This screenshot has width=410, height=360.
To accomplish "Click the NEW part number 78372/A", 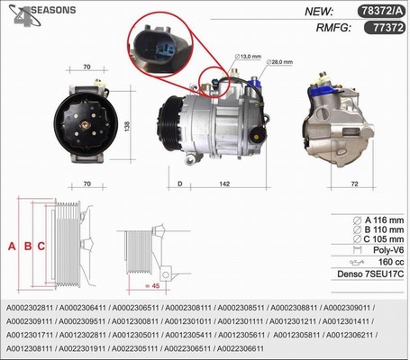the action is (382, 11).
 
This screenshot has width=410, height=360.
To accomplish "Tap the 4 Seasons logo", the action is (41, 15).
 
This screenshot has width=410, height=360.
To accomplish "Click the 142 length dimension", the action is (224, 184).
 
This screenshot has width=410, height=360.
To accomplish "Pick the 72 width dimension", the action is (355, 184).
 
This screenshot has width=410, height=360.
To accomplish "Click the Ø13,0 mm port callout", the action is (248, 57).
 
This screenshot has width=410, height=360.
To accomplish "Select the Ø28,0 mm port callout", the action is (279, 62).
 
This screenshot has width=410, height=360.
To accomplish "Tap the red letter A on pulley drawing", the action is (12, 247).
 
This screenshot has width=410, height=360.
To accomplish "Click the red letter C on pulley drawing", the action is (41, 247).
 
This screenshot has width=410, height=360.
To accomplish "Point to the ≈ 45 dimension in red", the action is (152, 286).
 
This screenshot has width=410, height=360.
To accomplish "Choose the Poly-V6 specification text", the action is (388, 250).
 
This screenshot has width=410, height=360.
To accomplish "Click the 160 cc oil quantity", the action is (391, 262).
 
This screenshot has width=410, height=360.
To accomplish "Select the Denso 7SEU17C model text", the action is (370, 274).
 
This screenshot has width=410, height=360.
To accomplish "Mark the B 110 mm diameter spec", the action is (378, 229).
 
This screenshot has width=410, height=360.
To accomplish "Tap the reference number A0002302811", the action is (30, 308).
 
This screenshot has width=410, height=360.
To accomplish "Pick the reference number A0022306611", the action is (241, 348).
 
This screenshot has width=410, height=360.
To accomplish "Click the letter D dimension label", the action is (180, 184).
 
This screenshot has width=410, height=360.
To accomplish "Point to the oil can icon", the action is (357, 263).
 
